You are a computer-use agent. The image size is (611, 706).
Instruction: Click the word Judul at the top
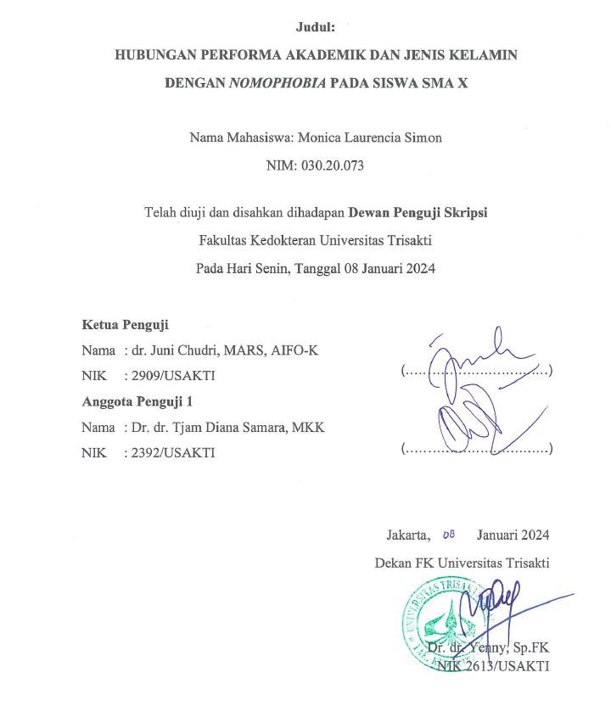pyautogui.click(x=315, y=28)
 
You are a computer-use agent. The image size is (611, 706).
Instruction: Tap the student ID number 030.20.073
pyautogui.click(x=332, y=165)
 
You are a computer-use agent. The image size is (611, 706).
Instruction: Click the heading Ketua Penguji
pyautogui.click(x=125, y=324)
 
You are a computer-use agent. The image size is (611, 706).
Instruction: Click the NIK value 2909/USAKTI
pyautogui.click(x=170, y=375)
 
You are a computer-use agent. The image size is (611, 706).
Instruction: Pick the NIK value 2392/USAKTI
pyautogui.click(x=170, y=452)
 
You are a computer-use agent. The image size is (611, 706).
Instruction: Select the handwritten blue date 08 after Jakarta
pyautogui.click(x=449, y=534)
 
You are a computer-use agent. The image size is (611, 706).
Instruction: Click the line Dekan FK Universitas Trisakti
pyautogui.click(x=462, y=563)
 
